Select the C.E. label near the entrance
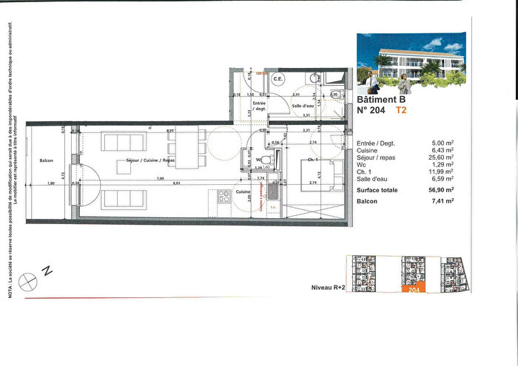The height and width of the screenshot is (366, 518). [278, 79]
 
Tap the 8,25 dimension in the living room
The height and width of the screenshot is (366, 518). [170, 131]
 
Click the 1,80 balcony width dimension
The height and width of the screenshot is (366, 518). [50, 183]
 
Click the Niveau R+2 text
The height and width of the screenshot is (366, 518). [323, 285]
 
